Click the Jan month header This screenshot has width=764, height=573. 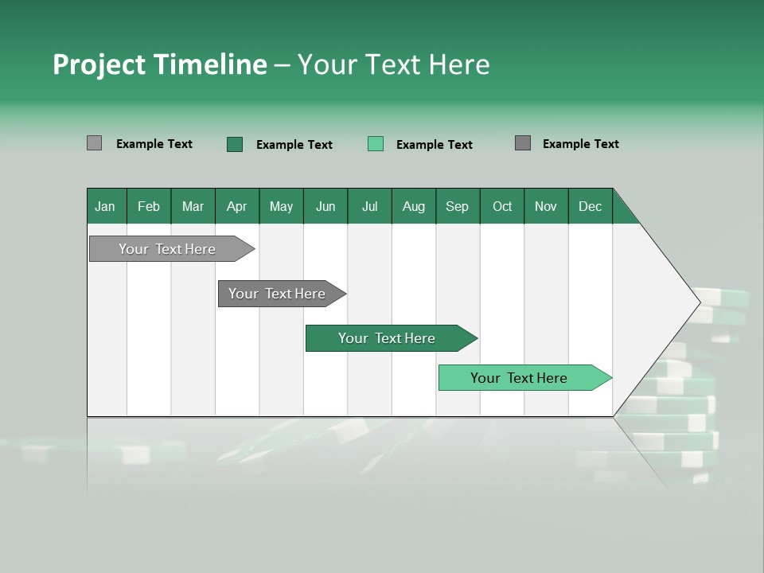[x=106, y=206]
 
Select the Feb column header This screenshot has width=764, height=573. [x=149, y=206]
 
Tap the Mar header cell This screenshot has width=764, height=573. [x=193, y=206]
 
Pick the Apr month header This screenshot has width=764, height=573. [x=237, y=206]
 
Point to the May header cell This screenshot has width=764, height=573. [x=281, y=206]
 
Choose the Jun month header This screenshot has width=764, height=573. [x=325, y=206]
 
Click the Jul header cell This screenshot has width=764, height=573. [x=369, y=206]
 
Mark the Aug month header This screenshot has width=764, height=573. [x=414, y=206]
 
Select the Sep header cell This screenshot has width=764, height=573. [x=458, y=206]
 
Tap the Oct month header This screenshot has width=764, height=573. [x=502, y=206]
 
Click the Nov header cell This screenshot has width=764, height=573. [x=546, y=206]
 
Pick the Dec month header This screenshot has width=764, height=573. [x=590, y=206]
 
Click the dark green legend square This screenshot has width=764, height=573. [x=235, y=144]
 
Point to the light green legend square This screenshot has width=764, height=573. [x=376, y=144]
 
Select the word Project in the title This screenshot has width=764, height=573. [x=99, y=64]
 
